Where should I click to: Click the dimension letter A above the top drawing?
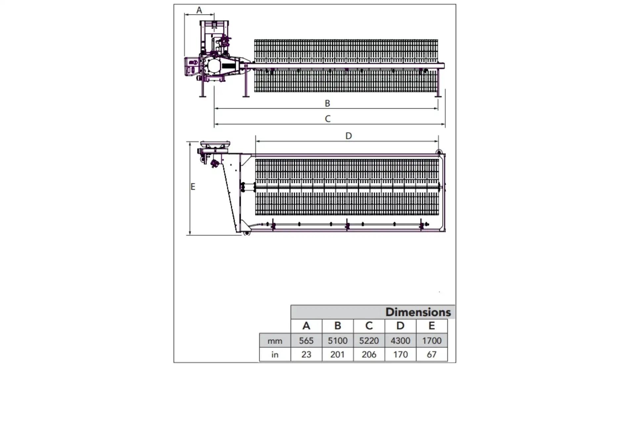coord(199,10)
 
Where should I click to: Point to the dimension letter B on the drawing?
coord(327,103)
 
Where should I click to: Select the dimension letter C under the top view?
coord(327,119)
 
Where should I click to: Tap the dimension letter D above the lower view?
coord(349,136)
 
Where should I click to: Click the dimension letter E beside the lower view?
coord(193,187)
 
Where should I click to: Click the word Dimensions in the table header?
coord(418,312)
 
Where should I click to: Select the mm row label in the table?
coord(275,341)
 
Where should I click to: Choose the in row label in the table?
coord(275,355)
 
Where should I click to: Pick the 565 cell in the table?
coord(306,341)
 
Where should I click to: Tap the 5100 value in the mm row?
coord(338,341)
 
